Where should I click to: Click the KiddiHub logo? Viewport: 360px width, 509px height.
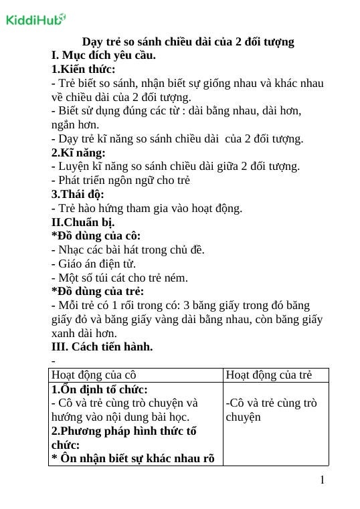[35, 19]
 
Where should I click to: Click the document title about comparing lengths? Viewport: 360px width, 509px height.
[188, 41]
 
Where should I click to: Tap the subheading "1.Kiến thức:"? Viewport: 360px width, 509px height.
[83, 69]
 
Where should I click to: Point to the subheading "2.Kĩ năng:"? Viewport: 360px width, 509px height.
[78, 152]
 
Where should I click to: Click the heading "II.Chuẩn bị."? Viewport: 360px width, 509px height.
[83, 222]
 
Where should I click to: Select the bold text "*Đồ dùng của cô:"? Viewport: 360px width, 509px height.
[96, 236]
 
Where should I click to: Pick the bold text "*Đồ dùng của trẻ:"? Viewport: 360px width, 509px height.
[98, 292]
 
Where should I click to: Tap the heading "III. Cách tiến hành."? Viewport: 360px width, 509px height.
[102, 346]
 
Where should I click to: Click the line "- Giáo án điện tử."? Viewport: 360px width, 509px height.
[98, 264]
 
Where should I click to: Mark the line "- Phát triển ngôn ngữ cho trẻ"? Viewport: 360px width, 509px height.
[121, 180]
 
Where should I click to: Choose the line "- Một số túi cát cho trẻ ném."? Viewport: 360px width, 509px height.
[120, 278]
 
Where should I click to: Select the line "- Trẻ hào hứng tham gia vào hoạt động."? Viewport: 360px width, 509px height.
[147, 208]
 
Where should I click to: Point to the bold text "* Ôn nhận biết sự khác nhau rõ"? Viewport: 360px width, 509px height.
[133, 459]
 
